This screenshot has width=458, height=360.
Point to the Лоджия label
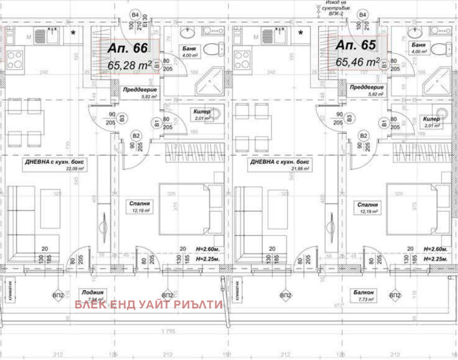coord(91,292)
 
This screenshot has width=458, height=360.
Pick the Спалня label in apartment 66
coord(140,203)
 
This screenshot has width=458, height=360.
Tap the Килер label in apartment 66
coord(202,112)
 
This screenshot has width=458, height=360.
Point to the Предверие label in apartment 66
coord(137,89)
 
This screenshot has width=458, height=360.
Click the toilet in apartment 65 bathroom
coord(440,48)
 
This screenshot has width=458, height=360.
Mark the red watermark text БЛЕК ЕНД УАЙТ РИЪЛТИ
coord(148,305)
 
